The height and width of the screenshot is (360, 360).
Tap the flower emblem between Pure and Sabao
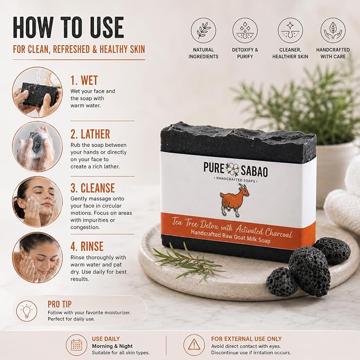pyautogui.click(x=232, y=169)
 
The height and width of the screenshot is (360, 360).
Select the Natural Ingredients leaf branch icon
pyautogui.click(x=204, y=30)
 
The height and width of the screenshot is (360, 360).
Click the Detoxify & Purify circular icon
pyautogui.click(x=245, y=30)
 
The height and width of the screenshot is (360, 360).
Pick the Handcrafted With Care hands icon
pyautogui.click(x=333, y=30)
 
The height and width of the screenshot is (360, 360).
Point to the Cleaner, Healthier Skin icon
pyautogui.click(x=290, y=30)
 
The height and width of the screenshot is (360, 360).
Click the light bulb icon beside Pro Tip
pyautogui.click(x=27, y=311)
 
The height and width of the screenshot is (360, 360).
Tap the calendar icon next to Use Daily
pyautogui.click(x=76, y=345)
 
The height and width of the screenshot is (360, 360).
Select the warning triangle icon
pyautogui.click(x=194, y=345)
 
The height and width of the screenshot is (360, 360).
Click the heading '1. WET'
pyautogui.click(x=84, y=81)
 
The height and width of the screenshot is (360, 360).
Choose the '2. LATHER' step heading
pyautogui.click(x=90, y=134)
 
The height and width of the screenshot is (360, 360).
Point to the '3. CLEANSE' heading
pyautogui.click(x=93, y=188)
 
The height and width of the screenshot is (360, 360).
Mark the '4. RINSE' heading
pyautogui.click(x=87, y=247)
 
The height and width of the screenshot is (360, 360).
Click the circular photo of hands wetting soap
pyautogui.click(x=37, y=92)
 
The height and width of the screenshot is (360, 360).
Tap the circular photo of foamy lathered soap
pyautogui.click(x=37, y=146)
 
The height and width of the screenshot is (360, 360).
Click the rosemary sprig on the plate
pyautogui.click(x=188, y=262)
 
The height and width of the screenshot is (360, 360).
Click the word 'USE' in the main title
pyautogui.click(x=107, y=28)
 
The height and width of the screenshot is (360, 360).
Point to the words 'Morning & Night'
pyautogui.click(x=112, y=346)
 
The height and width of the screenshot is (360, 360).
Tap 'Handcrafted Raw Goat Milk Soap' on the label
pyautogui.click(x=231, y=236)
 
